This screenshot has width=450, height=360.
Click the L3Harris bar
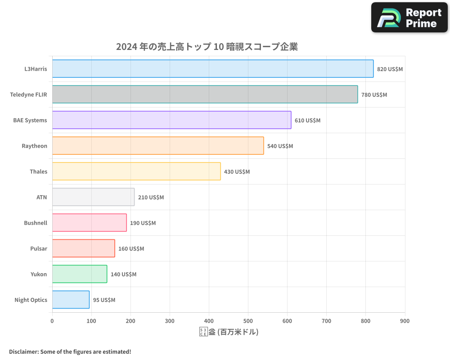[x=212, y=69]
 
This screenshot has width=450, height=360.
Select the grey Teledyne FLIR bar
[x=205, y=94]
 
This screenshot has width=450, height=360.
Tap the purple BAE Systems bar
[x=171, y=120]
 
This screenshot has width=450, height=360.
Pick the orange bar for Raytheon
[x=158, y=146]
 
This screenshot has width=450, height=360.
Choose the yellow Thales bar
[x=136, y=171]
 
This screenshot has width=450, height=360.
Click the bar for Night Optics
[x=71, y=300]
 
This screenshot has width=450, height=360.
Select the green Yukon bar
[x=80, y=274]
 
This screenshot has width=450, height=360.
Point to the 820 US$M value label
[x=390, y=69]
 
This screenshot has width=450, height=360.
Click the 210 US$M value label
[x=151, y=198]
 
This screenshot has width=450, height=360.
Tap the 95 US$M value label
[x=104, y=300]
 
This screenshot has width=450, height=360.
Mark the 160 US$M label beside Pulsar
[x=131, y=249]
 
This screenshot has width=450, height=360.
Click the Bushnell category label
[x=36, y=223]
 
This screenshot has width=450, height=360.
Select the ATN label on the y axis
[x=41, y=197]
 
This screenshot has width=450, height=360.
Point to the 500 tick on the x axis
[x=248, y=321]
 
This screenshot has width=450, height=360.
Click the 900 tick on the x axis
[x=405, y=321]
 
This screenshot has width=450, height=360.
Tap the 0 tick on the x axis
[x=52, y=321]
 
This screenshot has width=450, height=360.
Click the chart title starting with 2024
[x=207, y=47]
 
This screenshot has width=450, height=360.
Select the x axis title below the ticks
[x=229, y=332]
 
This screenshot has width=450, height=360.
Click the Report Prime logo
[x=409, y=18]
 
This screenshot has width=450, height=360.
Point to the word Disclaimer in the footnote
[x=23, y=351]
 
